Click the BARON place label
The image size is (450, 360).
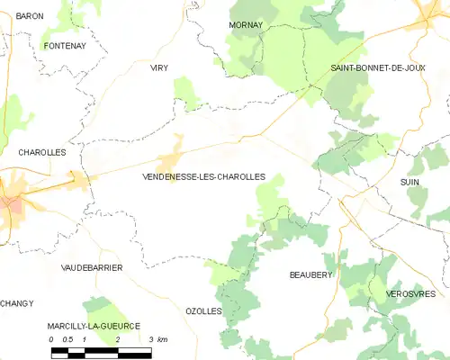30,16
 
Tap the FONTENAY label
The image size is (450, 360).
64,46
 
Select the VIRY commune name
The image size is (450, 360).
159,67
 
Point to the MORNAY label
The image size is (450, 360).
246,24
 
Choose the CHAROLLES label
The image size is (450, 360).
42,153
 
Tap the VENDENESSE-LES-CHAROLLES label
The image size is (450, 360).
203,177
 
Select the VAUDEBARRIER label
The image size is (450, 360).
92,268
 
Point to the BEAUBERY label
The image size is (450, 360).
310,274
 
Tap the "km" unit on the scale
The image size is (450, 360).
162,339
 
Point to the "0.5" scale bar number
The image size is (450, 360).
67,339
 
